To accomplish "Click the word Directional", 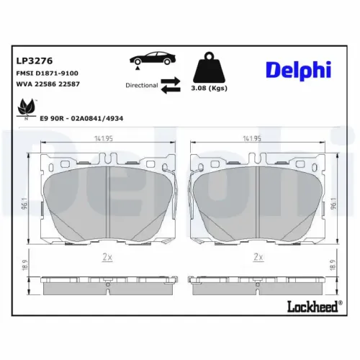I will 140,85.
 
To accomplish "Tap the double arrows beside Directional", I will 170,85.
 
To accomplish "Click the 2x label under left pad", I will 105,256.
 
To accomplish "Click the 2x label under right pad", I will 257,256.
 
